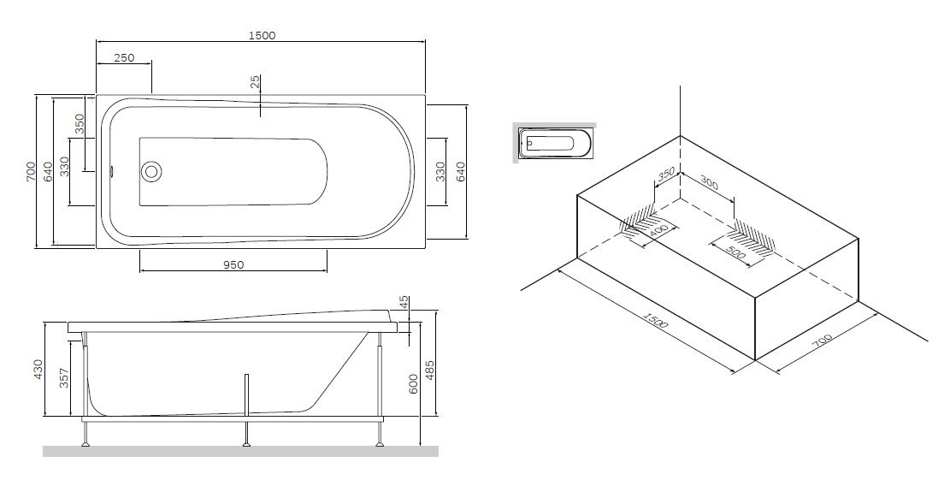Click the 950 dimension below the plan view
pos(233,264)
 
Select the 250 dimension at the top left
pos(124,58)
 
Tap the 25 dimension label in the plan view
pos(254,83)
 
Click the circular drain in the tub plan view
pos(151,170)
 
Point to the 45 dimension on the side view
pos(404,303)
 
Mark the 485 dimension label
pos(431,370)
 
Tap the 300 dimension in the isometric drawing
pos(708,181)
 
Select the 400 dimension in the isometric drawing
pos(658,231)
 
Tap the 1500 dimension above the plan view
pos(262,35)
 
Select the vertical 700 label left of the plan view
pos(30,171)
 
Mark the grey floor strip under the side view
pos(240,451)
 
